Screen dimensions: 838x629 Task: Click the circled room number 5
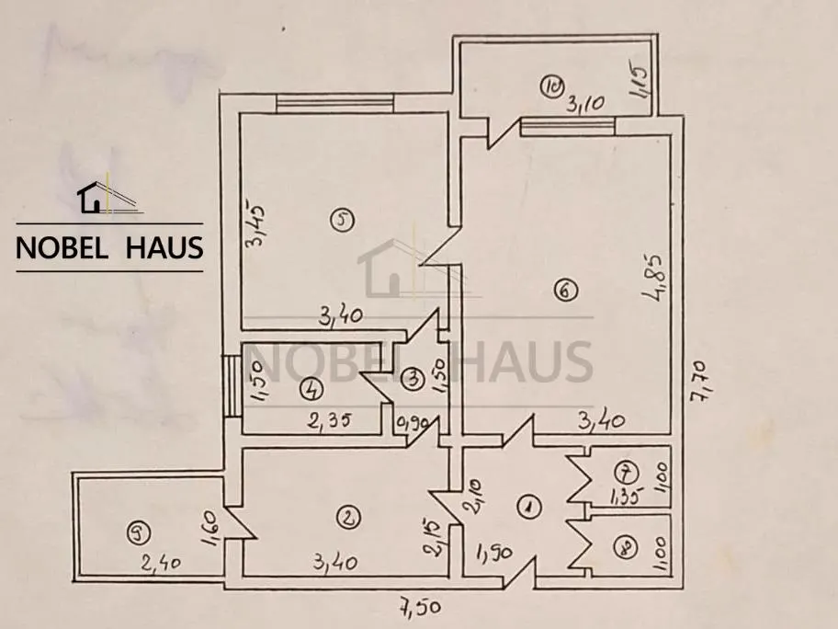(x=343, y=220)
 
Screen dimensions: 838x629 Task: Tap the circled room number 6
(x=567, y=291)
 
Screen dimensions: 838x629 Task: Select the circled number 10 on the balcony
(x=551, y=85)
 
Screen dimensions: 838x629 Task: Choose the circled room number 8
(x=626, y=548)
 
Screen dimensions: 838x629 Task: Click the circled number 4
(x=311, y=389)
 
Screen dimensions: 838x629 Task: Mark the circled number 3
(x=413, y=379)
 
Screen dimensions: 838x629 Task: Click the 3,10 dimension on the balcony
(x=585, y=103)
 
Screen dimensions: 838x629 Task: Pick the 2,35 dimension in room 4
(x=329, y=420)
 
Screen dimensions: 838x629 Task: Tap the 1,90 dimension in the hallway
(x=494, y=552)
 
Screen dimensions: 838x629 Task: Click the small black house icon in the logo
(x=90, y=197)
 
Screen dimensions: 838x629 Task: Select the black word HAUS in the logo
(x=164, y=247)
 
